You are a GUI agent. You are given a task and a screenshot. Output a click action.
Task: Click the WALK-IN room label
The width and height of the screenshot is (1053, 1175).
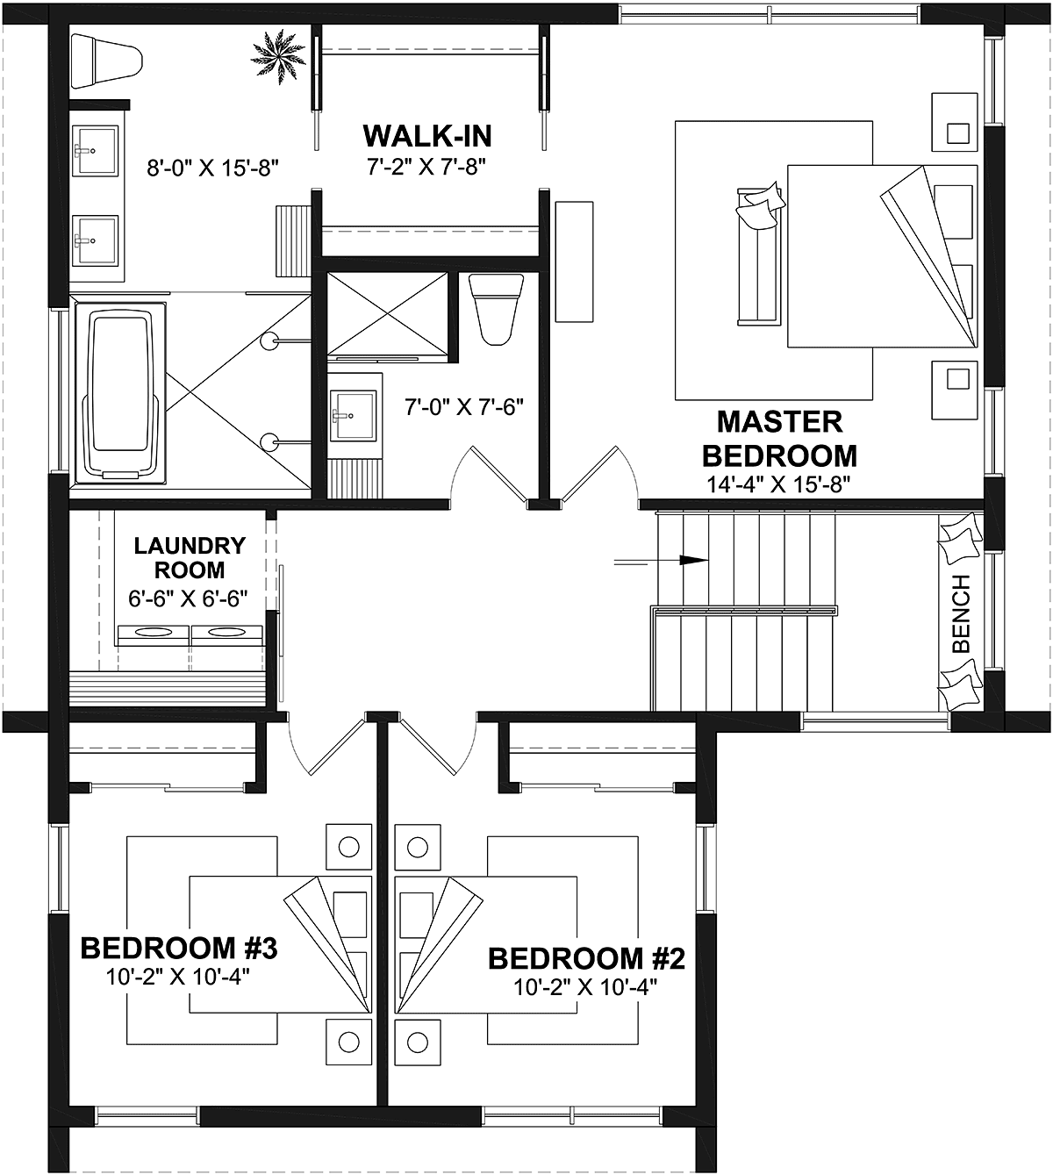[427, 136]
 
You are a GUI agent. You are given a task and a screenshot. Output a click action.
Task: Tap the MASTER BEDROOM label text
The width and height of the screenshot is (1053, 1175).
[779, 439]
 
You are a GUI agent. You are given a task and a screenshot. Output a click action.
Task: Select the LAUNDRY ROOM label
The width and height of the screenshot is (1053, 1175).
[190, 557]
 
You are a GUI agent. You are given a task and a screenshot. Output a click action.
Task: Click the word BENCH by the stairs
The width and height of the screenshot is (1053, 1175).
[961, 613]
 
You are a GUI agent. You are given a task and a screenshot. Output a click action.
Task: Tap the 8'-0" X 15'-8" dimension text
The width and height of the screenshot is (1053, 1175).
[213, 168]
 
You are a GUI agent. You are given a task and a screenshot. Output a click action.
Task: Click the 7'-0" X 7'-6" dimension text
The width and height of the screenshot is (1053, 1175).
[464, 407]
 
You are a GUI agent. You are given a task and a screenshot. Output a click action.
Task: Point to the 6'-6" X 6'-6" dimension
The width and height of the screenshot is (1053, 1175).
[188, 598]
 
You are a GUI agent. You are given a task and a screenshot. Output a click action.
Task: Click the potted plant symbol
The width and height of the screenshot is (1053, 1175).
[279, 57]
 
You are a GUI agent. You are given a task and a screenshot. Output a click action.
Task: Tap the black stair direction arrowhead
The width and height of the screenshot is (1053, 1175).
[693, 560]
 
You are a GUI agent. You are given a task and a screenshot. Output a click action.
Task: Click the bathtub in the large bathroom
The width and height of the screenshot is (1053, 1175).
[120, 392]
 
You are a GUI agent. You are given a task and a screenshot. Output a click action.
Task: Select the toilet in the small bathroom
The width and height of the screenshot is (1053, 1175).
[496, 309]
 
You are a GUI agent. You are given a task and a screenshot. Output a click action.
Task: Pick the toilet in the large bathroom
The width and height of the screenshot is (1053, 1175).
[107, 61]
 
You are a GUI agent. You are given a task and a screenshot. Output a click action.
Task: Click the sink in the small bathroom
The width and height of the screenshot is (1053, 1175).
[353, 415]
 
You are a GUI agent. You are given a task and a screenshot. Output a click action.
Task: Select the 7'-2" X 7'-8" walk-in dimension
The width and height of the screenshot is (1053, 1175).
[426, 167]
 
